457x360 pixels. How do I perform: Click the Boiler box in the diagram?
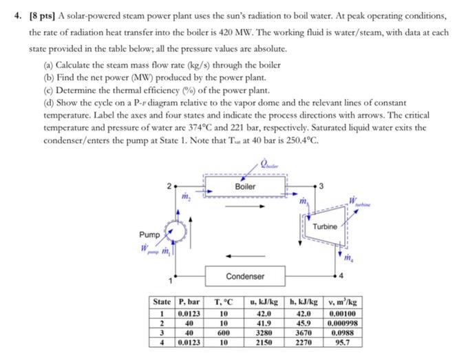pyautogui.click(x=245, y=187)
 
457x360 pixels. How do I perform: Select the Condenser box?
pyautogui.click(x=246, y=276)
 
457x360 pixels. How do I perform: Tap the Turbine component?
pyautogui.click(x=324, y=227)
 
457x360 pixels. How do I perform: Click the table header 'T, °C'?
pyautogui.click(x=225, y=301)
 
